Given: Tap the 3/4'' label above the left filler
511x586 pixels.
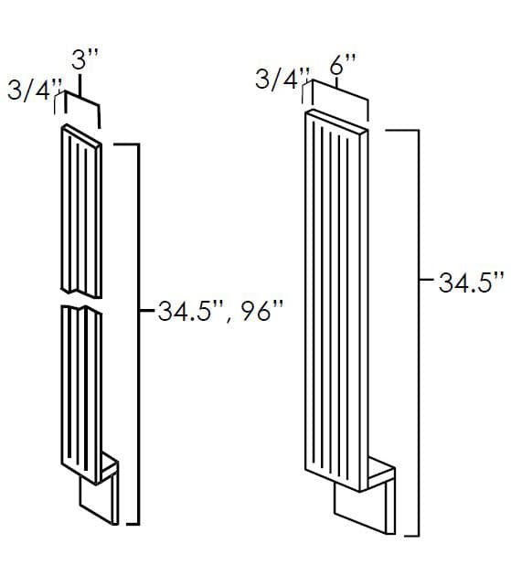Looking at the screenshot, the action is pyautogui.click(x=35, y=91).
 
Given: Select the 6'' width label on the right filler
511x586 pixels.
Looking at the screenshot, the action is pyautogui.click(x=343, y=64).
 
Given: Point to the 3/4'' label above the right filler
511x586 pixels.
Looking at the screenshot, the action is pyautogui.click(x=282, y=79).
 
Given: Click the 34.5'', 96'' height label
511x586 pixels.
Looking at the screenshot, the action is pyautogui.click(x=221, y=311).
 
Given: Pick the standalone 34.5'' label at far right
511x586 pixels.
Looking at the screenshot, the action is pyautogui.click(x=472, y=282).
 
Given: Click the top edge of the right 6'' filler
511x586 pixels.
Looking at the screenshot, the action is pyautogui.click(x=336, y=120).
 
